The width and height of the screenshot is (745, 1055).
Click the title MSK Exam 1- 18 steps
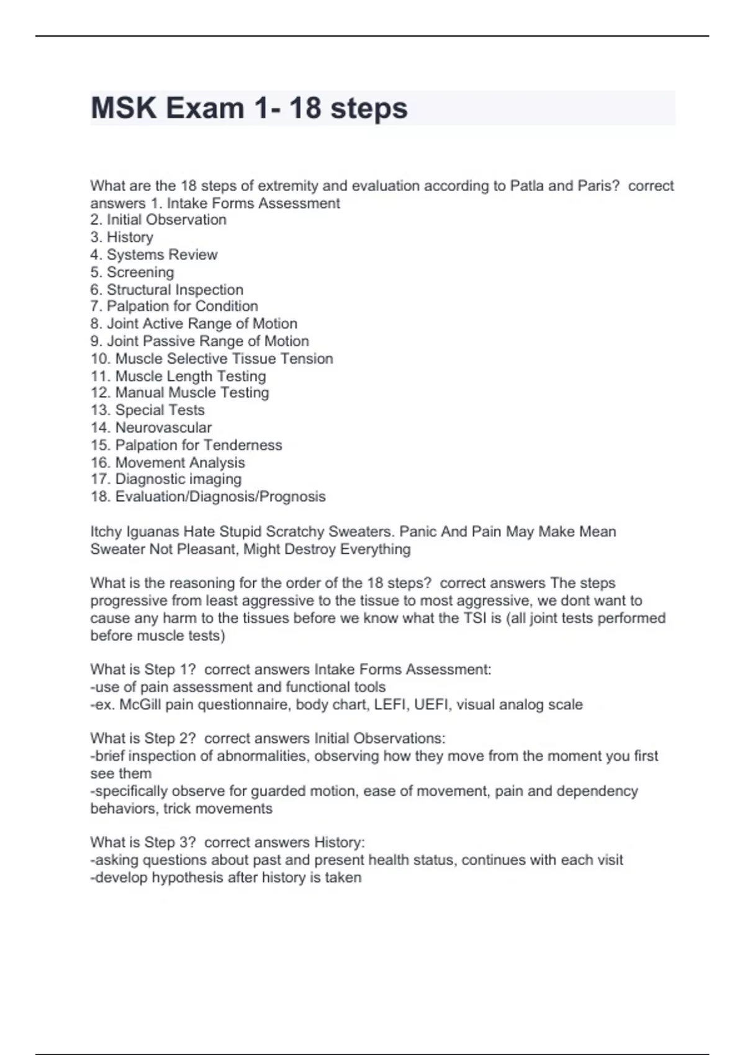(x=249, y=108)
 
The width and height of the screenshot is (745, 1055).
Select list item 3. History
(x=122, y=237)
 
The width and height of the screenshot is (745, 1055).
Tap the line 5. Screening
(x=132, y=272)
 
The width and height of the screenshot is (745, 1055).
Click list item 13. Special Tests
(x=147, y=410)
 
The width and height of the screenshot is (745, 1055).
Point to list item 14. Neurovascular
(x=151, y=428)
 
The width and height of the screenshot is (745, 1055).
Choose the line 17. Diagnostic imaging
(x=166, y=479)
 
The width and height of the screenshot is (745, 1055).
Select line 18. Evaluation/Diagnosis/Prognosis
(x=208, y=496)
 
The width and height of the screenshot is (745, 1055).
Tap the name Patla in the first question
(x=526, y=186)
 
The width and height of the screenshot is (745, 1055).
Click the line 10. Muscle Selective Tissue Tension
(x=212, y=359)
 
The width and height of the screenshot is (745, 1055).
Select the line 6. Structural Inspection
(x=166, y=290)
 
